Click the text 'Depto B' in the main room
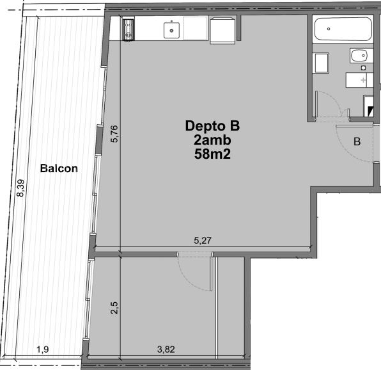(212, 126)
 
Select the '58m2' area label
(212, 154)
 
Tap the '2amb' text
(212, 140)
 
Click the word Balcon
(59, 168)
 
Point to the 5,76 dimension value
(114, 134)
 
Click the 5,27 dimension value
(203, 241)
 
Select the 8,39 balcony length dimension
(20, 188)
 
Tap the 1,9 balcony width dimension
(43, 350)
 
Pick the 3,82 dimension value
(166, 350)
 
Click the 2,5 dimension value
(114, 308)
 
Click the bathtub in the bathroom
(343, 29)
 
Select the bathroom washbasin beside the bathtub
(361, 56)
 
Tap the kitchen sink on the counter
(171, 30)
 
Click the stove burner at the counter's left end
(128, 29)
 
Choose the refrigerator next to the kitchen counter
(223, 30)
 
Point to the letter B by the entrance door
(357, 141)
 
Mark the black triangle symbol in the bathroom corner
(370, 111)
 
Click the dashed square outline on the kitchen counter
(195, 28)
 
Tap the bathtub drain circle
(329, 29)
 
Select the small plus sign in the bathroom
(363, 80)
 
